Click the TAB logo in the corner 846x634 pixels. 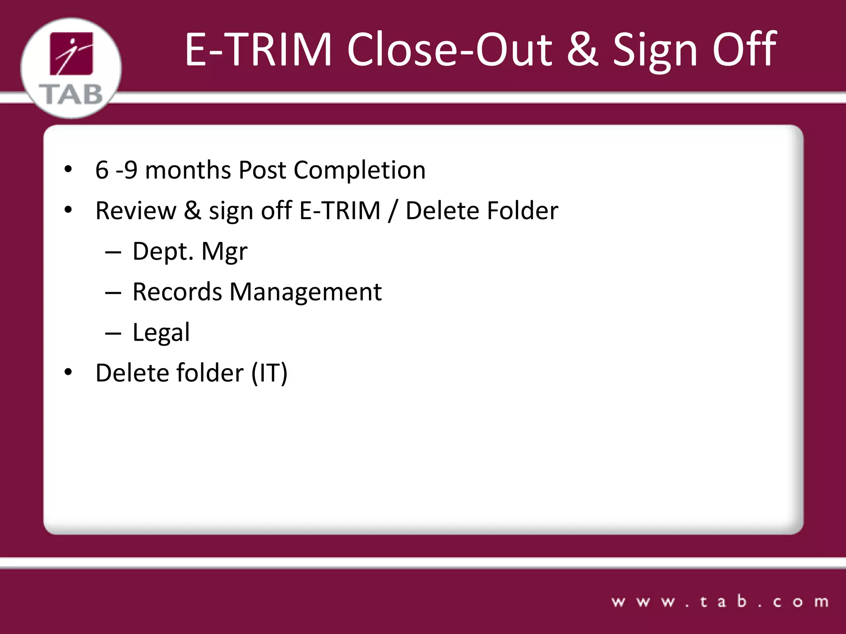tap(71, 68)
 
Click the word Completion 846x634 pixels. tap(359, 170)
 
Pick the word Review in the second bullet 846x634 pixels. tap(135, 211)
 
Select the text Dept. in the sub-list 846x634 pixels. tap(163, 251)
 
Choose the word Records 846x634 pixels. tap(177, 292)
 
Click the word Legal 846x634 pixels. tap(161, 332)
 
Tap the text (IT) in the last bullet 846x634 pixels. tap(269, 373)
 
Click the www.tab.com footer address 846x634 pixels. tap(720, 602)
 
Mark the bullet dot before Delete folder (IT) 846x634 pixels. tap(68, 372)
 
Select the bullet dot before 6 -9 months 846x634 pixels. tap(68, 169)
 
